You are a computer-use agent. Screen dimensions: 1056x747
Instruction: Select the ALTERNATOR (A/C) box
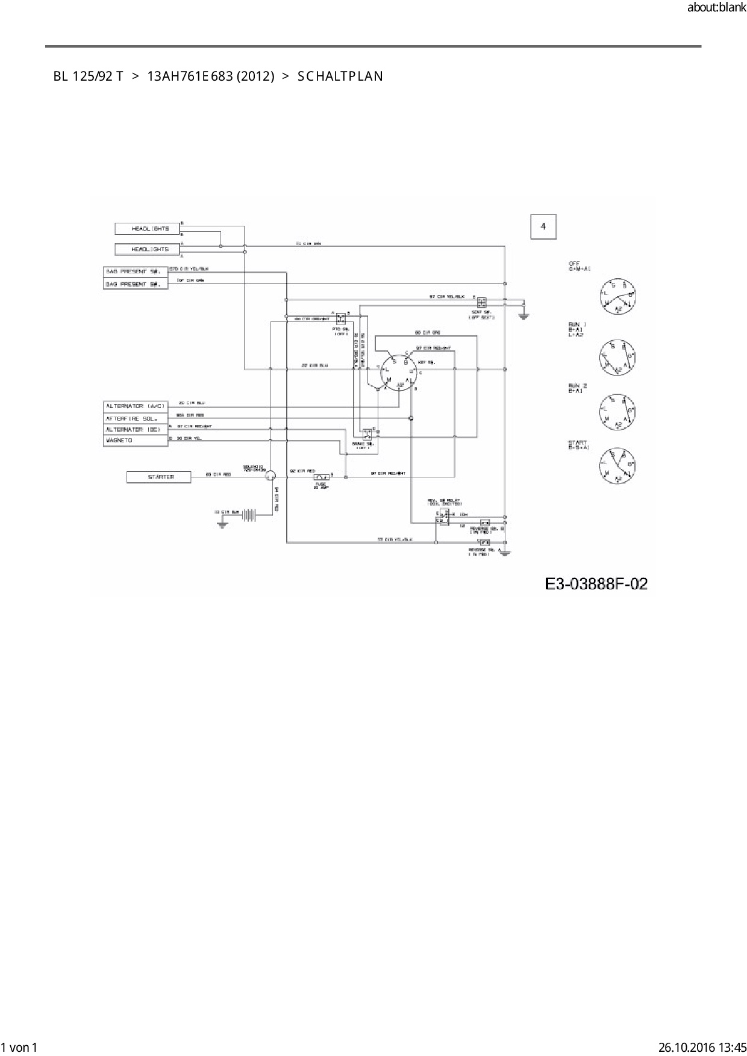135,406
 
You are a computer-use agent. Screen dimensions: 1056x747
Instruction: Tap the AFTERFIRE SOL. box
135,418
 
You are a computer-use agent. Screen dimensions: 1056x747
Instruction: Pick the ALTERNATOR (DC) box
135,429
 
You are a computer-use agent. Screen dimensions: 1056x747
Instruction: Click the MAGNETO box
135,441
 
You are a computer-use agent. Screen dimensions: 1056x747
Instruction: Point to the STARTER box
159,477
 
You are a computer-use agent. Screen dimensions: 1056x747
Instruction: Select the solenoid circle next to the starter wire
270,476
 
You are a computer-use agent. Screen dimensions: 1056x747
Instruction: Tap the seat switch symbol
482,301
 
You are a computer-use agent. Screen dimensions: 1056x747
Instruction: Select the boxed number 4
543,227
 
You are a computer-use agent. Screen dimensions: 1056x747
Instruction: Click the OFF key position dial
618,296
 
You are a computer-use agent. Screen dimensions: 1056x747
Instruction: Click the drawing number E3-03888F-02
596,583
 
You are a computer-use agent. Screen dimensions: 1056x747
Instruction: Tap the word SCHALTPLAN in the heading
340,76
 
